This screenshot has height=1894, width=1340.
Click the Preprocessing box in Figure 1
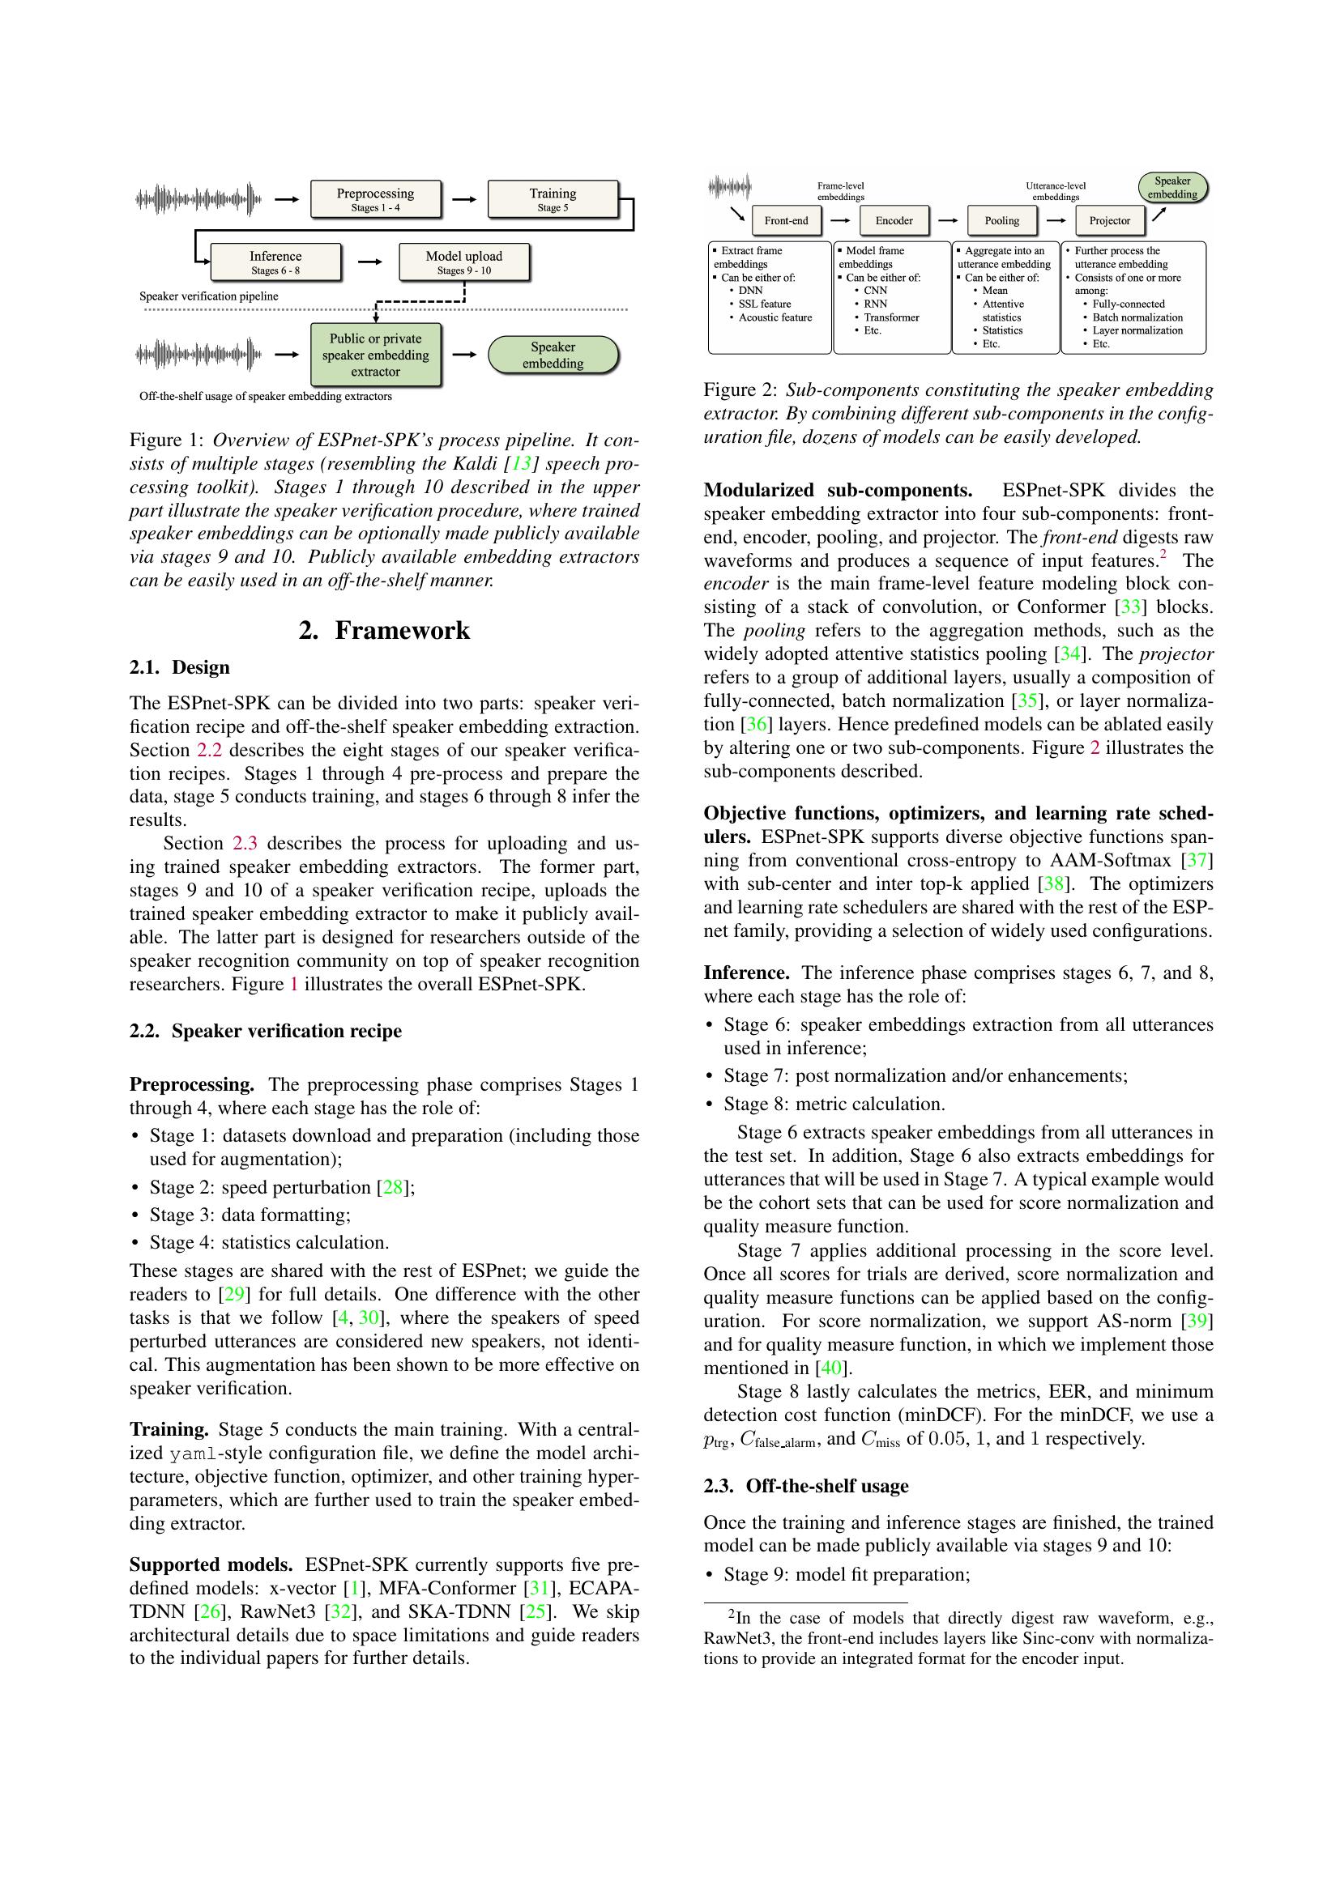click(x=374, y=199)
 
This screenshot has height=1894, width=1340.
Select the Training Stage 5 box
click(x=552, y=199)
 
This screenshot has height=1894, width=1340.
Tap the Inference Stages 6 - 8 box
click(x=275, y=262)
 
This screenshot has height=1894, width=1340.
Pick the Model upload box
click(x=463, y=262)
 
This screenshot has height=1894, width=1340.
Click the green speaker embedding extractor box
click(x=375, y=355)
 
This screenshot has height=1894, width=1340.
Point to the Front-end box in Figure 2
click(x=787, y=220)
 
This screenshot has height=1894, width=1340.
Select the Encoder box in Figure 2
click(x=894, y=220)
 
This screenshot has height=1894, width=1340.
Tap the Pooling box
click(x=1001, y=220)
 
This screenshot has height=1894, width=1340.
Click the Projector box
click(x=1109, y=220)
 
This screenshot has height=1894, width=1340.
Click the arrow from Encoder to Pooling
click(x=947, y=220)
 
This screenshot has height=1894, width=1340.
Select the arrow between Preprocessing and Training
click(x=464, y=199)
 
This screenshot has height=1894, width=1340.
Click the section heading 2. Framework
click(x=384, y=630)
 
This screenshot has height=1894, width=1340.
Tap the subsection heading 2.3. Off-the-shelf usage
click(x=805, y=1486)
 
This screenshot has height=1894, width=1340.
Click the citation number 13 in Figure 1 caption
click(x=522, y=464)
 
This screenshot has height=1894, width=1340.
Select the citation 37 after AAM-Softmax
click(x=1196, y=861)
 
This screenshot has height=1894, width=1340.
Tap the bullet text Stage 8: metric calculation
click(x=834, y=1104)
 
